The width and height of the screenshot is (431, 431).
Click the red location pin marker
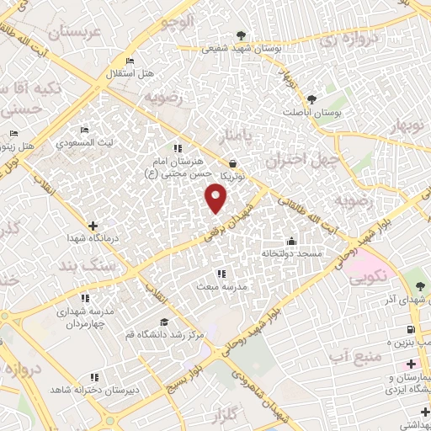[216, 198]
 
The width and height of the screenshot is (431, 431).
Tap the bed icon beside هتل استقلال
[129, 61]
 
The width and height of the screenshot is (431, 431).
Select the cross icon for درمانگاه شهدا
[93, 226]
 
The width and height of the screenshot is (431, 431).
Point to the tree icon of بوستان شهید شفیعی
[242, 35]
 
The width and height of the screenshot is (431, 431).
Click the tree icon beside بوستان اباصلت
[311, 99]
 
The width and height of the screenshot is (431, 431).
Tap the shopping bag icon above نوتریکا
[233, 163]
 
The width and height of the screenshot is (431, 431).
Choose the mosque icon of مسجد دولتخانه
[291, 240]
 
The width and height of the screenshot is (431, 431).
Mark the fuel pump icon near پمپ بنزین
[410, 328]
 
